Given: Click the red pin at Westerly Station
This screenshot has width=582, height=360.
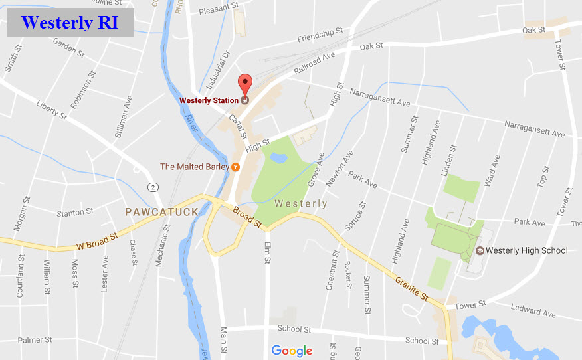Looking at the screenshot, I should point(245,84).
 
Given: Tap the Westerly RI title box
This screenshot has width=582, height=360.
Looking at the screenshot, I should point(70,23).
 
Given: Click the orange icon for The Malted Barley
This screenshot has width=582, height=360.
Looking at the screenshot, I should point(235,167).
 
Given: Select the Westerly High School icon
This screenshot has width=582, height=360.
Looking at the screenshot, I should point(479,250).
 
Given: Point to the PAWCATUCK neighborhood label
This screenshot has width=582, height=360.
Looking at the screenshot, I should point(162,212).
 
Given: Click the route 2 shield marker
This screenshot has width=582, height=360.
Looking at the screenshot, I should point(153,187).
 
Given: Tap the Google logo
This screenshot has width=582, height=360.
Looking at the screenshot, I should point(292,351).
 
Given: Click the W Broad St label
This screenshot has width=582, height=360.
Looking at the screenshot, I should point(97,240).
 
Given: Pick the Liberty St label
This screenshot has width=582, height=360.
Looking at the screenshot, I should point(52,110).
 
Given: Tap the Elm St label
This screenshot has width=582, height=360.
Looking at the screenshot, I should point(267,254).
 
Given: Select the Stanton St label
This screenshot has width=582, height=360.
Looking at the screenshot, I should point(75,213).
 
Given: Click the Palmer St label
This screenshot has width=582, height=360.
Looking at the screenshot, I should point(35,340).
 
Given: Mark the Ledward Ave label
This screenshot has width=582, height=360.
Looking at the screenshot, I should point(533,310).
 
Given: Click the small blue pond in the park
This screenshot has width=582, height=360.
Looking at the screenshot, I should point(279,158).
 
